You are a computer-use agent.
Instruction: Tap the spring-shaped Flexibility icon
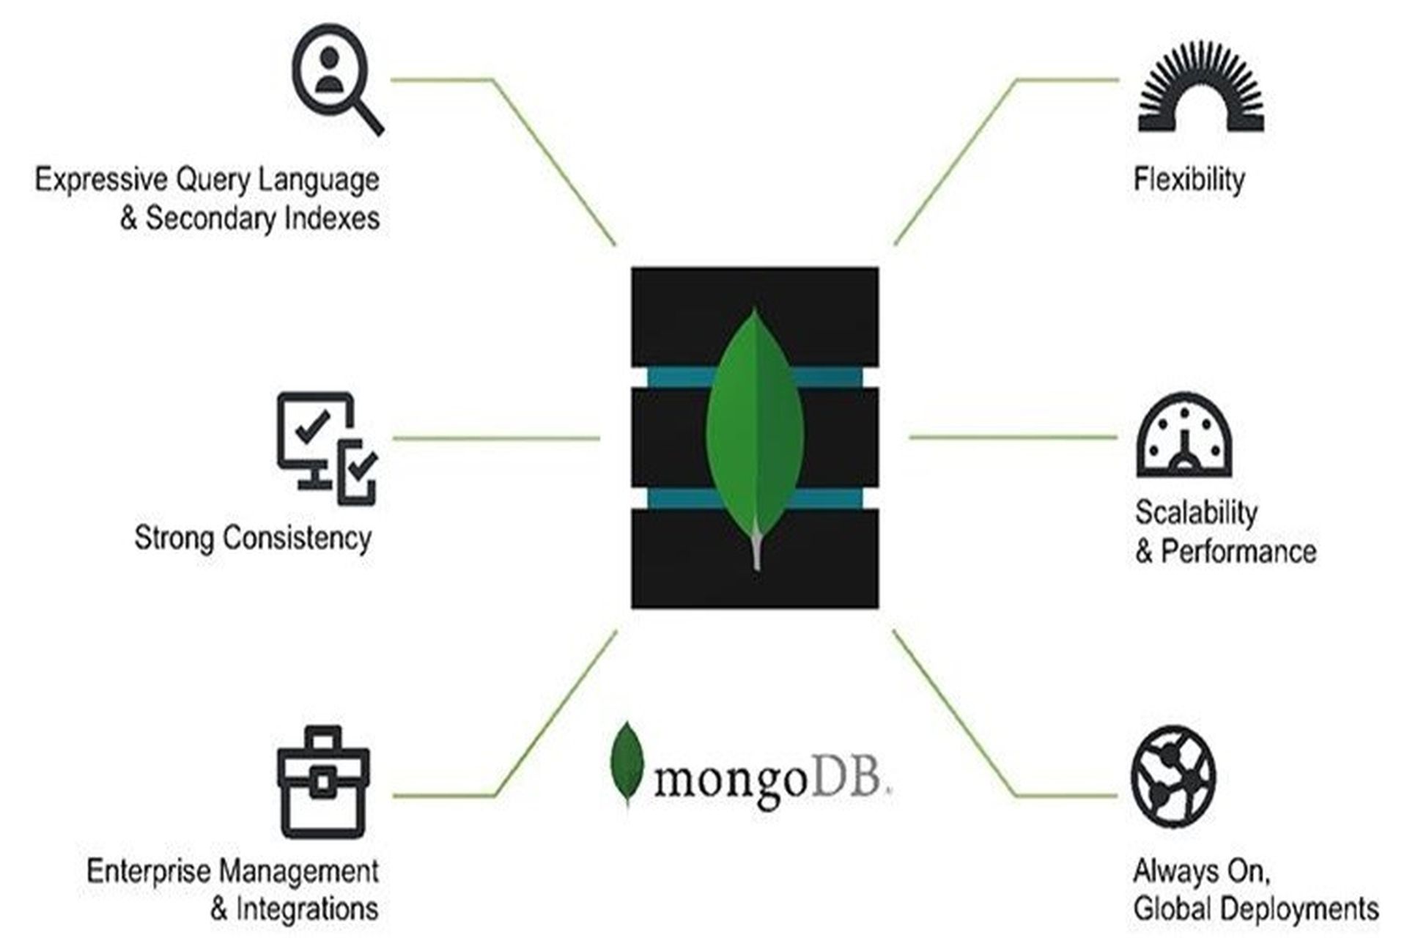coord(1201,88)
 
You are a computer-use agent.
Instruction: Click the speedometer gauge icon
coord(1183,437)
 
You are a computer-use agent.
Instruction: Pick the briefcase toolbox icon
coord(323,783)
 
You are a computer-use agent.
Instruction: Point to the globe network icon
coord(1173,778)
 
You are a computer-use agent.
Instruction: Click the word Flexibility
coord(1189,180)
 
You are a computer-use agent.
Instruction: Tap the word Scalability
coord(1196,512)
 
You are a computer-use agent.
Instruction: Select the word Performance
coord(1238,551)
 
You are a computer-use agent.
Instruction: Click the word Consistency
coord(298,538)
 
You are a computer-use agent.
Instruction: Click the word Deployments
coord(1305,909)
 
